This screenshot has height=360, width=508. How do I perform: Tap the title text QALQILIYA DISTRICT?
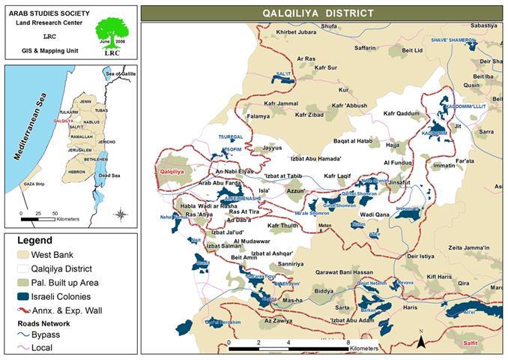coord(323,13)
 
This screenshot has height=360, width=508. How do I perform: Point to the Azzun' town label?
coord(297,191)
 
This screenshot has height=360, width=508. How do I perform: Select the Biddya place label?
coord(324,290)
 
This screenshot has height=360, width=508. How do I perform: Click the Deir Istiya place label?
coord(416,256)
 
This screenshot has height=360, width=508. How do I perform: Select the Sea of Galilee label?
coord(121,75)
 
